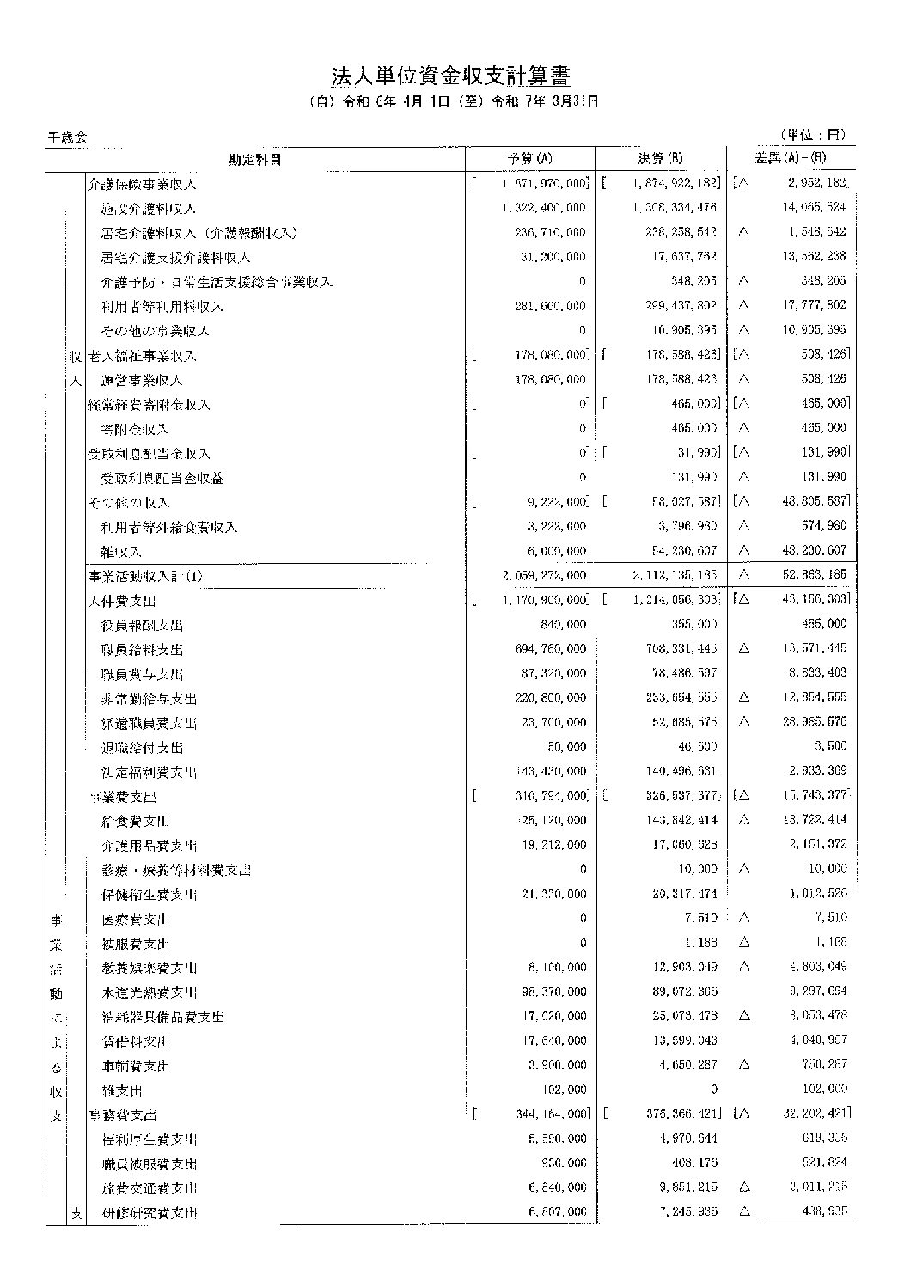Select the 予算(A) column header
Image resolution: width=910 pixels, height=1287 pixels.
[530, 159]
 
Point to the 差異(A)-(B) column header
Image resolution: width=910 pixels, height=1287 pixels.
[790, 159]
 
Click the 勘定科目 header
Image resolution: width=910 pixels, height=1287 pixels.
[254, 159]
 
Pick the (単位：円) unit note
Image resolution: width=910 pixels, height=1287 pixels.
[812, 135]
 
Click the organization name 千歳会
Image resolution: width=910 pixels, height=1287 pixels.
[67, 136]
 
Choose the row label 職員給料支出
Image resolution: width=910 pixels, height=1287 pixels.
[142, 650]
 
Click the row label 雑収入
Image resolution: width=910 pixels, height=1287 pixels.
[121, 551]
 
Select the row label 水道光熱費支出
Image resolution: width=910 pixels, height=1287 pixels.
[149, 993]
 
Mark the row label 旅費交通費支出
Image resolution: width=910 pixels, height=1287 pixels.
[149, 1189]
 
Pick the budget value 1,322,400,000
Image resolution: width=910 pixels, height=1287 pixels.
[542, 208]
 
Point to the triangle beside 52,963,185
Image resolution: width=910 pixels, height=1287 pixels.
[744, 576]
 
